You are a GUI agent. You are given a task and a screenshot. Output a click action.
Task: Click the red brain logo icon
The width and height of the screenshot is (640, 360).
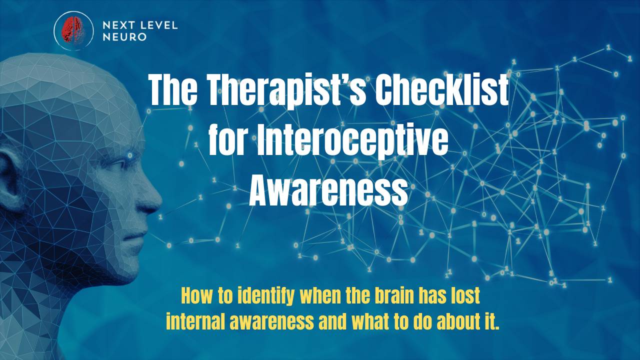point(73,30)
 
